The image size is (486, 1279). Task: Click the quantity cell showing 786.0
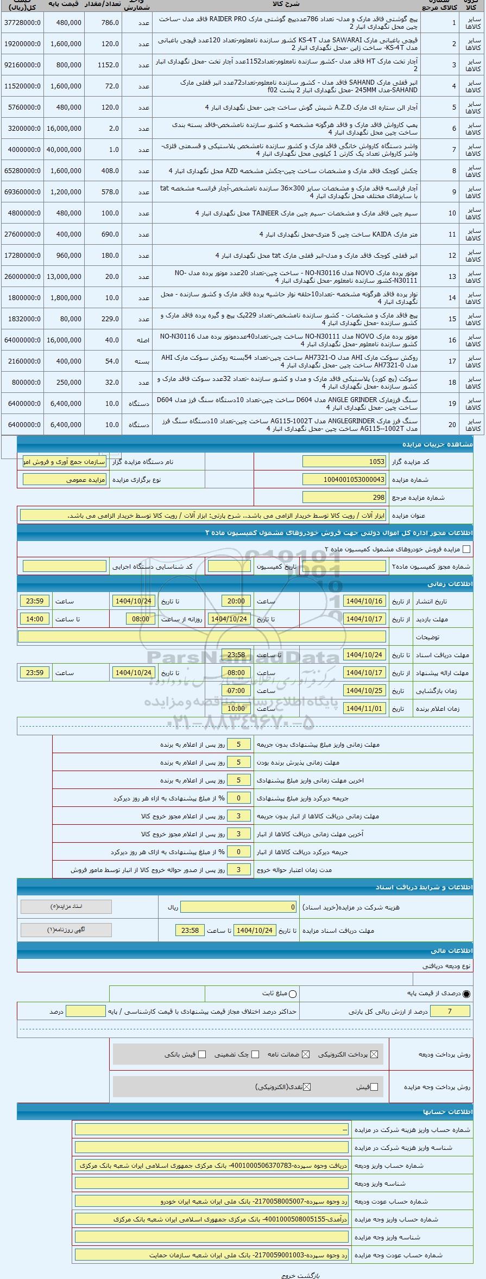coord(111,22)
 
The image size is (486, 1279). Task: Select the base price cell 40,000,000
coord(64,149)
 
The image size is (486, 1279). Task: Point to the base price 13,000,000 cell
coord(64,276)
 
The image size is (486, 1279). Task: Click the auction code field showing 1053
coord(344,461)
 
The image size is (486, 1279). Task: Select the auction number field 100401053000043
coord(344,479)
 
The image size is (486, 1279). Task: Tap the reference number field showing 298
coord(344,497)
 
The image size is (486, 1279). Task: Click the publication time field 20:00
coord(236,601)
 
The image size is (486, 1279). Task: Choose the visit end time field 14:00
coord(35,619)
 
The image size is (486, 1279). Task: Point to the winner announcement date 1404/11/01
coord(364,708)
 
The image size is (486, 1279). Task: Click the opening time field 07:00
coord(236,690)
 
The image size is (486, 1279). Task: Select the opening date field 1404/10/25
coord(364,690)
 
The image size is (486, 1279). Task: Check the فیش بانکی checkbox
coord(202,1054)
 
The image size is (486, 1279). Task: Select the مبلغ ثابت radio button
coord(293,993)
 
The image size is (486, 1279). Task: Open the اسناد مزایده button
coord(66,906)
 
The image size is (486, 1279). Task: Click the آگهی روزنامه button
coord(66,930)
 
